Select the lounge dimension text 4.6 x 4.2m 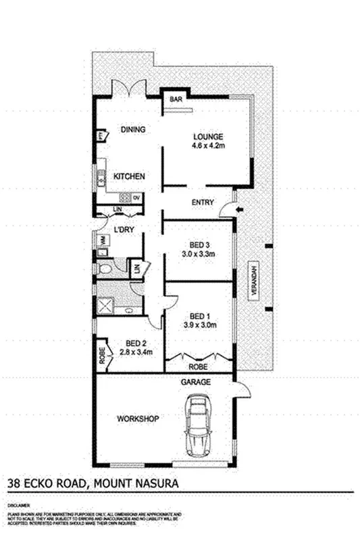tap(207, 144)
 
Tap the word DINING tap(134, 130)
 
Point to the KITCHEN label tap(129, 176)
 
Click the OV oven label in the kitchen tap(136, 197)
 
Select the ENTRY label tap(203, 202)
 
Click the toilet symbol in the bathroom tap(105, 271)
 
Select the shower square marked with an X tap(105, 306)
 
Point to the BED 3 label tap(198, 244)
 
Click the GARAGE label tap(195, 382)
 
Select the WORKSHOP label tap(138, 419)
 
